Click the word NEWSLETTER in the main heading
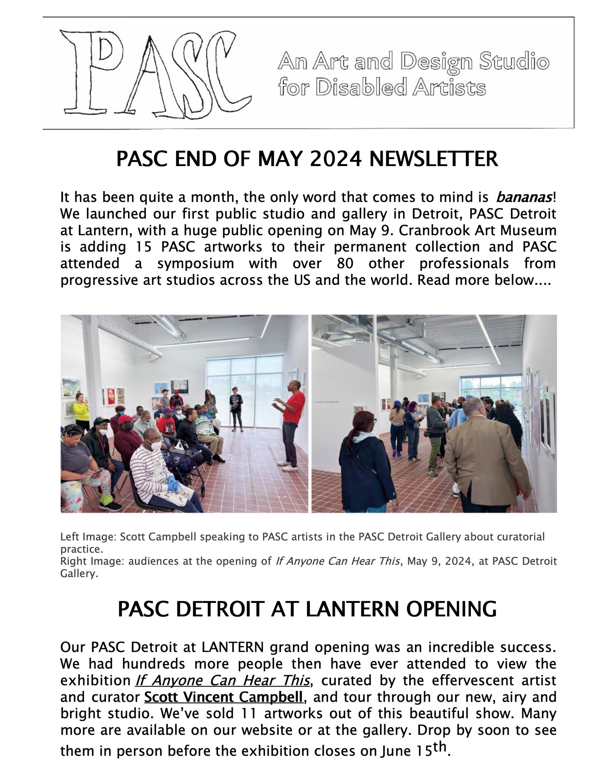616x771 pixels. pyautogui.click(x=433, y=159)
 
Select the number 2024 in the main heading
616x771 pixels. pyautogui.click(x=336, y=159)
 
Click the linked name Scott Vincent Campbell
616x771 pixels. pyautogui.click(x=224, y=697)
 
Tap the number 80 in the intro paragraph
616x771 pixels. pyautogui.click(x=345, y=263)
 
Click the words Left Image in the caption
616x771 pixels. pyautogui.click(x=88, y=537)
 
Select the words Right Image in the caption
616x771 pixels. pyautogui.click(x=92, y=561)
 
